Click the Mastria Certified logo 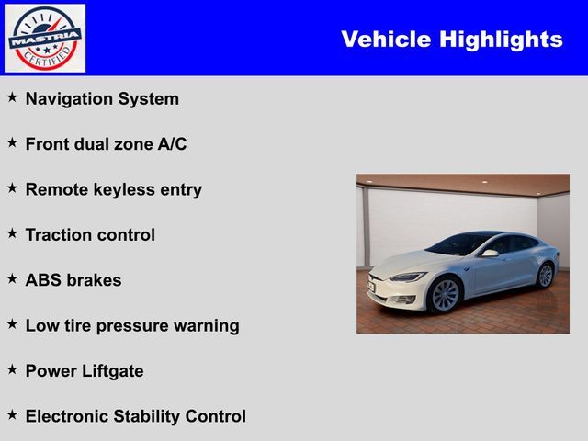tap(45, 38)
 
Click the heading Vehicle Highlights tap(451, 40)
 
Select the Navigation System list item tap(102, 99)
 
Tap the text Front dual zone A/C tap(106, 144)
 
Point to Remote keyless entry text tap(113, 189)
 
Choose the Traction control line tap(90, 234)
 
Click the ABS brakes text tap(73, 280)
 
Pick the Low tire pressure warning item tap(131, 325)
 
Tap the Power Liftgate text tap(85, 370)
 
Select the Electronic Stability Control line tap(135, 416)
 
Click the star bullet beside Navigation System tap(12, 96)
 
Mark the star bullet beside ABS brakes tap(12, 277)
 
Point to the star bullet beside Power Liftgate tap(12, 368)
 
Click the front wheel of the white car tap(445, 295)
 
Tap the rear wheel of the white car tap(545, 275)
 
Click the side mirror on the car tap(491, 253)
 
